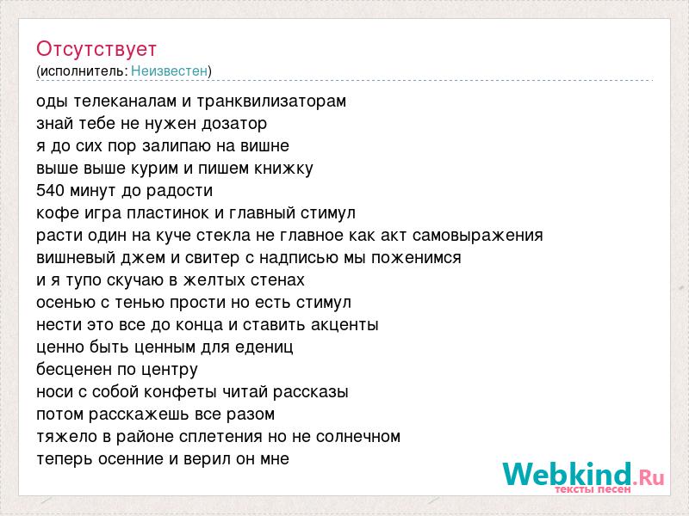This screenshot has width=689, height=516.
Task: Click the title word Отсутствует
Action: tap(96, 49)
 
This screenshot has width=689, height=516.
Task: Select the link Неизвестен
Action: tap(169, 71)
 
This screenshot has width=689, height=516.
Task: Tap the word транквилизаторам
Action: tap(271, 101)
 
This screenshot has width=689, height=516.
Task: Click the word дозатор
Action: tap(234, 124)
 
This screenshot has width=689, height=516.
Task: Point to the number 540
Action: tap(51, 190)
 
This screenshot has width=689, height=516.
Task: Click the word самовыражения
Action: tap(478, 236)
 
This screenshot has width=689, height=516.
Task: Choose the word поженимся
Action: tap(416, 258)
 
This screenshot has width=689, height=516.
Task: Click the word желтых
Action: tap(214, 280)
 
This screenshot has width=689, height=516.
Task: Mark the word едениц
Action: tap(264, 347)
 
